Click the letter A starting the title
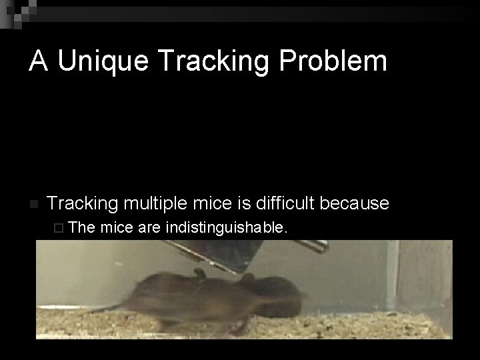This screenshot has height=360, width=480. (x=38, y=61)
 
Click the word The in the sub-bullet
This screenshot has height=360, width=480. (x=82, y=229)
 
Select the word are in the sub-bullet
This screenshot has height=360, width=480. (x=150, y=229)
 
